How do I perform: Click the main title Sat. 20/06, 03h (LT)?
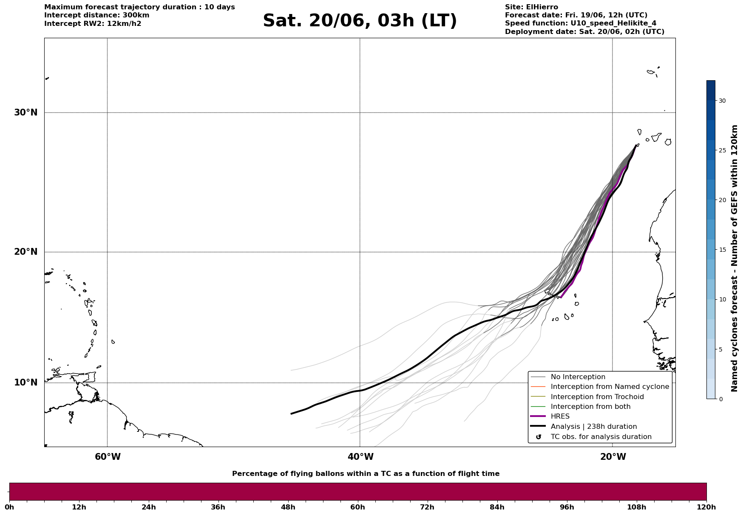[360, 21]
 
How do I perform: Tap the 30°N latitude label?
[26, 113]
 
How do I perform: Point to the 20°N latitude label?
[26, 252]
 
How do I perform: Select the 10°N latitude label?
[26, 383]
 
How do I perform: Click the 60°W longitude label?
[108, 457]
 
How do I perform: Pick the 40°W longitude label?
[360, 457]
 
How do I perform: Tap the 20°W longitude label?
[613, 457]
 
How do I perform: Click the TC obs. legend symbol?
[539, 437]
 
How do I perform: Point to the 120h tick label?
[706, 507]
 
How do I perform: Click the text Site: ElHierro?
[531, 7]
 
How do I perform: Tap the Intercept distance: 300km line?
[97, 15]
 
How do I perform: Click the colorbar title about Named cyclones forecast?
[734, 258]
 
